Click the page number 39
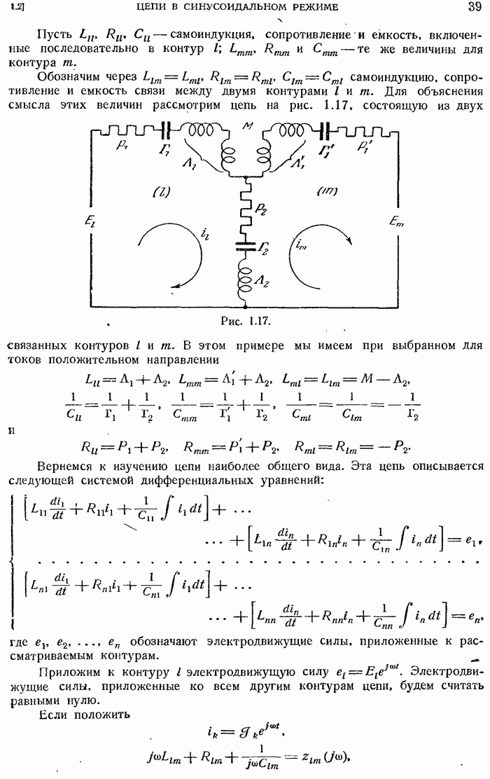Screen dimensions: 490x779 click(474, 6)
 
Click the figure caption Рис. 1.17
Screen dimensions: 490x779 click(245, 321)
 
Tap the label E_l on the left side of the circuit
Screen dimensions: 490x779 click(90, 221)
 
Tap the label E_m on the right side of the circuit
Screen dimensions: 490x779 click(396, 222)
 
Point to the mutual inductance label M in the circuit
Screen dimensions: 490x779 click(246, 125)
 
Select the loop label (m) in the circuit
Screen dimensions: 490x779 click(326, 191)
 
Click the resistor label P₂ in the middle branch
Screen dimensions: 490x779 click(261, 210)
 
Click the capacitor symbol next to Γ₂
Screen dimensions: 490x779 click(244, 246)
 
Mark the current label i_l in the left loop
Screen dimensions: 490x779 click(205, 233)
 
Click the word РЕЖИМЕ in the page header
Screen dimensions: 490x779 click(313, 7)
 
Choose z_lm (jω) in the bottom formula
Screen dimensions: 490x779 click(325, 757)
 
